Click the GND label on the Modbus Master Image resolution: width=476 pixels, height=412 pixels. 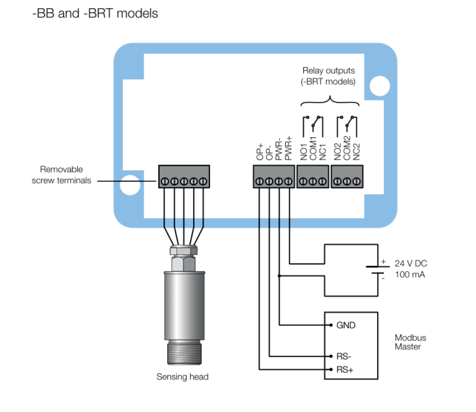(x=346, y=325)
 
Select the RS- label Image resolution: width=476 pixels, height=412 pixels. (x=344, y=356)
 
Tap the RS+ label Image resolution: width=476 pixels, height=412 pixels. (x=345, y=370)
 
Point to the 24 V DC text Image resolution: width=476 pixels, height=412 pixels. (x=410, y=264)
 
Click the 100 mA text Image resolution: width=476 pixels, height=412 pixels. (x=410, y=275)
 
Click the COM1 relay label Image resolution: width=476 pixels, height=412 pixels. (x=313, y=149)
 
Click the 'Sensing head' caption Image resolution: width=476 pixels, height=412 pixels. (x=182, y=377)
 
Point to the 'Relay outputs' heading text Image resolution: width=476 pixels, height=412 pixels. (x=328, y=71)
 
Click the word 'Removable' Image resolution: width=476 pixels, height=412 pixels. (x=61, y=169)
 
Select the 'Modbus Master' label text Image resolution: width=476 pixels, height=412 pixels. (x=410, y=342)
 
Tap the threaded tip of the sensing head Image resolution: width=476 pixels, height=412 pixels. (x=184, y=353)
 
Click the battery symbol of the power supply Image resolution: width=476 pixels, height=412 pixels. (x=377, y=270)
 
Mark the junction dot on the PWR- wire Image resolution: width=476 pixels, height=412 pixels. (x=279, y=276)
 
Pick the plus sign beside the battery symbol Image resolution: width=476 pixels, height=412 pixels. (x=383, y=262)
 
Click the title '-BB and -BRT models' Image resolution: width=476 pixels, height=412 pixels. (x=95, y=14)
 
